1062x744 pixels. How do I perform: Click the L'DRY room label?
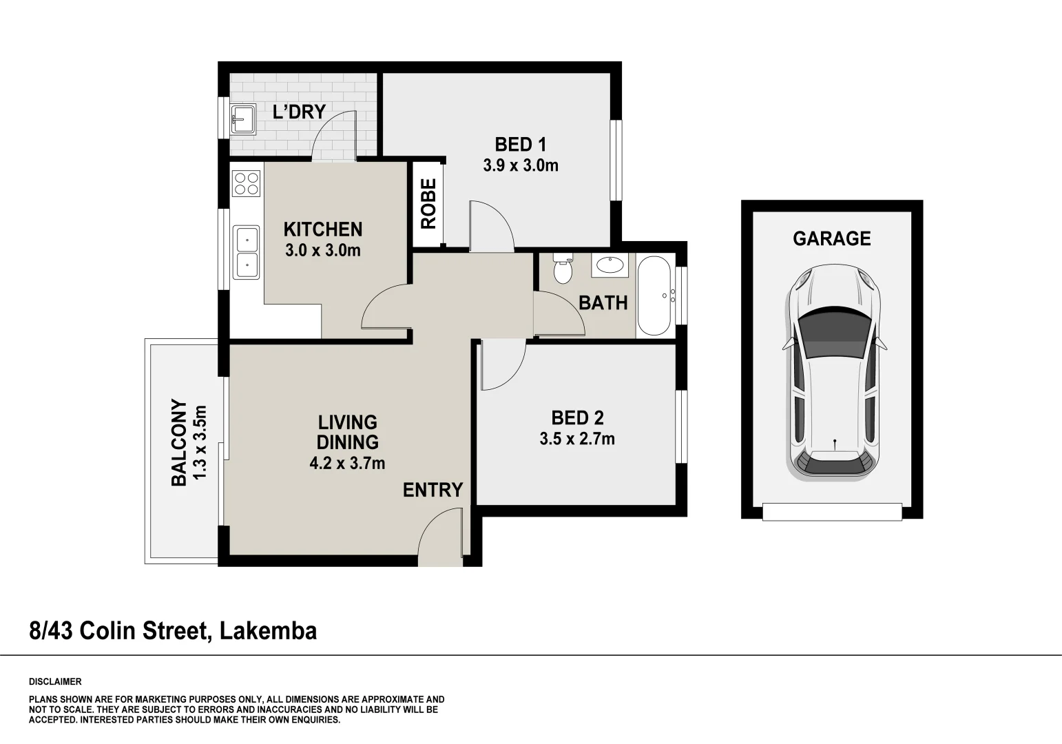click(x=299, y=112)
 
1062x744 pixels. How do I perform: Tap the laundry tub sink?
click(x=243, y=119)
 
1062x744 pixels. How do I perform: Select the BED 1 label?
click(x=520, y=145)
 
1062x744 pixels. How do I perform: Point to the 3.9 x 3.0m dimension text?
click(x=520, y=165)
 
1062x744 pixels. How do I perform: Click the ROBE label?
click(x=428, y=204)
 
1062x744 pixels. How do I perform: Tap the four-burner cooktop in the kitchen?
click(x=247, y=183)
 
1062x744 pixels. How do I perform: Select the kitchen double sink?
click(x=247, y=252)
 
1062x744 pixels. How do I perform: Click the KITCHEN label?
click(x=323, y=229)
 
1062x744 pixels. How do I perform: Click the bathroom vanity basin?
click(x=610, y=265)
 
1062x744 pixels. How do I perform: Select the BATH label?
click(x=603, y=303)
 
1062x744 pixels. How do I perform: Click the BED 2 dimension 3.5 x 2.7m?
click(x=577, y=439)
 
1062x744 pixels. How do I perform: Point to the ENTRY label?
click(x=433, y=490)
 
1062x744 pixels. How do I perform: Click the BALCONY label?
click(x=178, y=443)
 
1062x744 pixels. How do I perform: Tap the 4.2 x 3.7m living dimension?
click(x=347, y=464)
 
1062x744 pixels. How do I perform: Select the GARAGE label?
click(x=831, y=238)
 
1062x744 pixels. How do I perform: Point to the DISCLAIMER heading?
click(x=55, y=682)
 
